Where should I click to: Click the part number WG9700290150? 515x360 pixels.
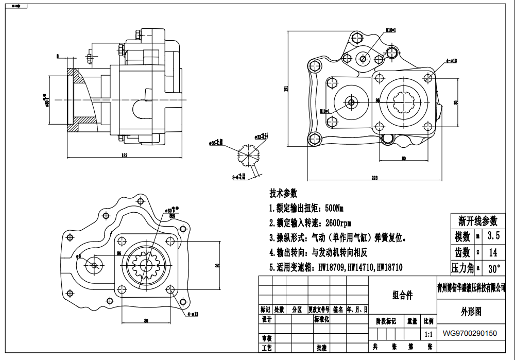pyautogui.click(x=470, y=333)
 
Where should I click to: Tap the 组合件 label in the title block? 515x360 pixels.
pyautogui.click(x=403, y=295)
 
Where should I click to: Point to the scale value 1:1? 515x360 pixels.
pyautogui.click(x=428, y=334)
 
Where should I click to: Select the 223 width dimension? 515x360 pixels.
pyautogui.click(x=374, y=178)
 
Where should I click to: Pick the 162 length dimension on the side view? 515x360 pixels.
pyautogui.click(x=125, y=154)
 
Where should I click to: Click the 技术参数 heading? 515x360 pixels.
pyautogui.click(x=283, y=193)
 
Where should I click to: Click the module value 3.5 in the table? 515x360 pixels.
pyautogui.click(x=494, y=236)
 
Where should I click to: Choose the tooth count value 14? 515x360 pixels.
pyautogui.click(x=493, y=252)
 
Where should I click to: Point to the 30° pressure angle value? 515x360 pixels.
pyautogui.click(x=493, y=268)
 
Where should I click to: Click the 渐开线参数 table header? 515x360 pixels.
pyautogui.click(x=478, y=221)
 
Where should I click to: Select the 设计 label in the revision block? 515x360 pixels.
pyautogui.click(x=266, y=319)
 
